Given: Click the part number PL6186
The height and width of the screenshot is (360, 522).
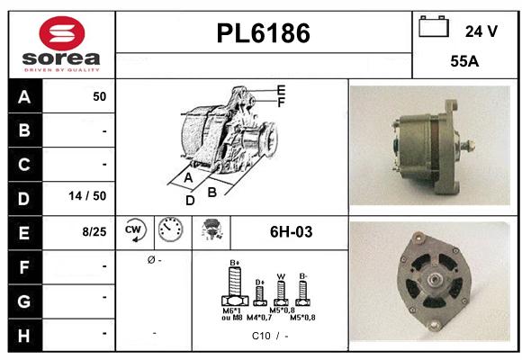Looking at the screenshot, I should click(x=263, y=34).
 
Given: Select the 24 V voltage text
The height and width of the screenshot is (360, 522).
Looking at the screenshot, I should click(x=481, y=31).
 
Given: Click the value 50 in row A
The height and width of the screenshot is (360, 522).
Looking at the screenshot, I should click(x=99, y=96).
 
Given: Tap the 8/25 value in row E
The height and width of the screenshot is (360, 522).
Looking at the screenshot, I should click(x=94, y=231).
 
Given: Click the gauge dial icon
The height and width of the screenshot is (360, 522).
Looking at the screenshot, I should click(x=169, y=230).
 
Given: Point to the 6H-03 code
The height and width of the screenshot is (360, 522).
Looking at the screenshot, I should click(x=291, y=231).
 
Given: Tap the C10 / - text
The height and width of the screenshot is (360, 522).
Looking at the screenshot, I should click(x=270, y=336).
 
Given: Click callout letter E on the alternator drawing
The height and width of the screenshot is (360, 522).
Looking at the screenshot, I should click(x=281, y=90).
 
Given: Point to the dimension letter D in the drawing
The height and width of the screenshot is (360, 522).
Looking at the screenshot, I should click(x=190, y=200).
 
